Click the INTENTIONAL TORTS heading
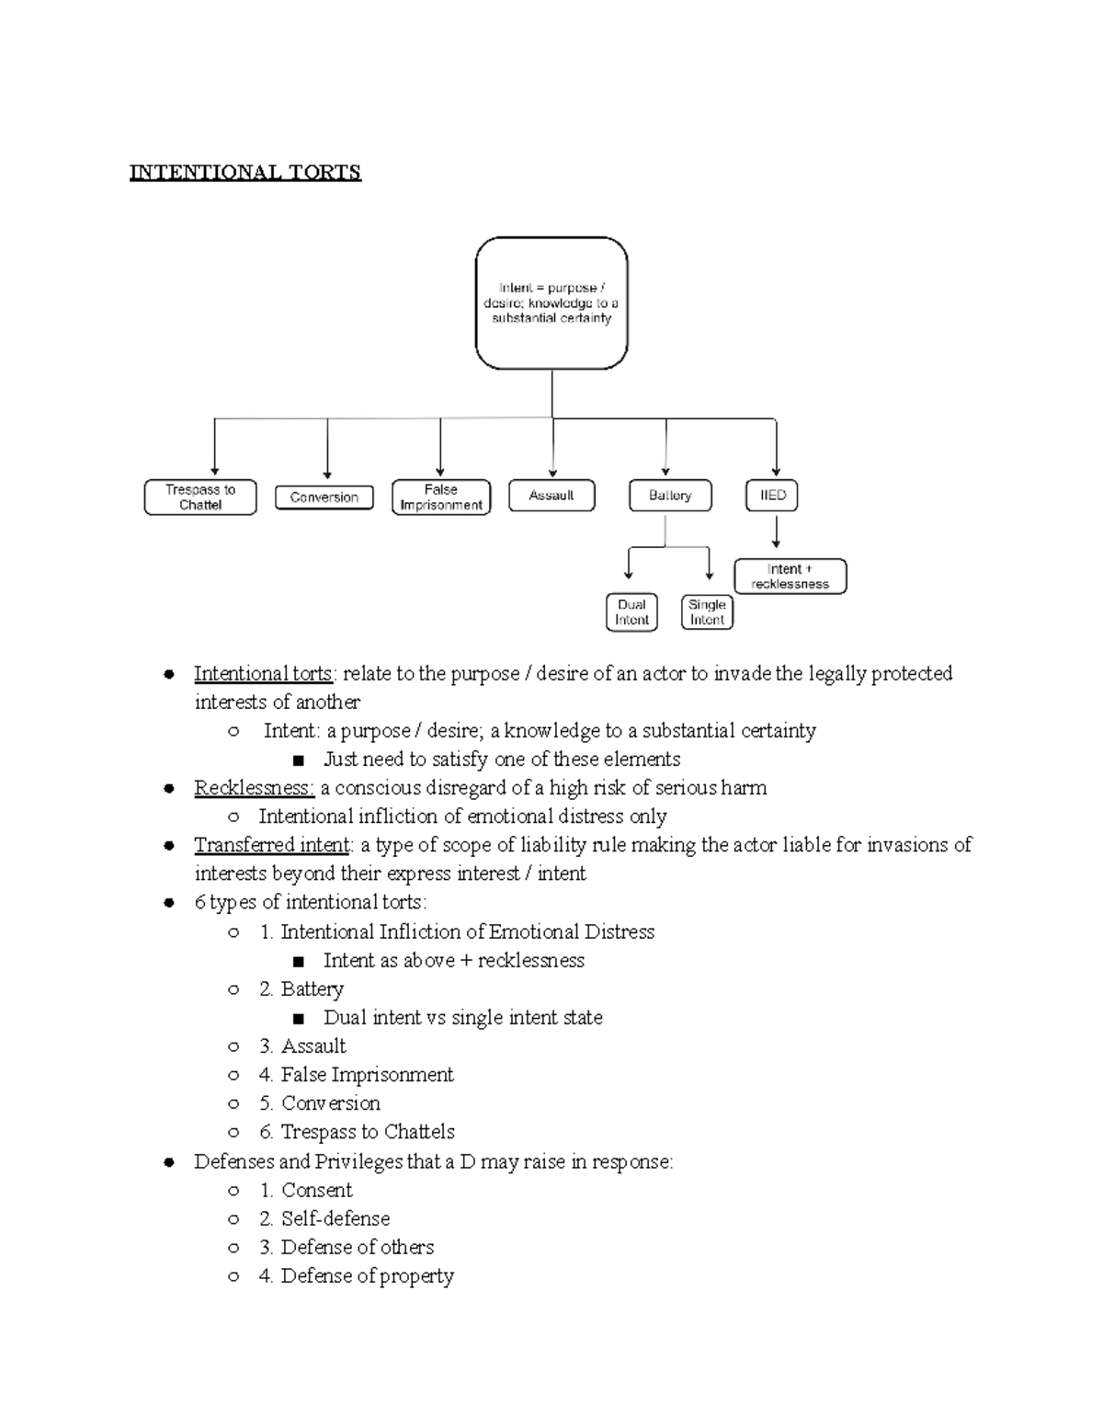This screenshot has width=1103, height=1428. click(244, 172)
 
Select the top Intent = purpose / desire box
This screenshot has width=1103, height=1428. click(551, 303)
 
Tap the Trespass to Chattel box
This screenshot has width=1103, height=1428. click(200, 497)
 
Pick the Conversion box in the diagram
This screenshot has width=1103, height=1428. click(324, 497)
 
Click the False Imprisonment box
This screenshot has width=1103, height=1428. click(441, 497)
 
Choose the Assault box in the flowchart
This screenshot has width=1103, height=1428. click(551, 496)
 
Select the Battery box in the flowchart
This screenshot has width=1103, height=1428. click(670, 496)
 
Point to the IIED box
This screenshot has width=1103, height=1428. click(772, 496)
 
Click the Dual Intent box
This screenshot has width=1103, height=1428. click(631, 612)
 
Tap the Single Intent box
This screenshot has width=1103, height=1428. click(707, 612)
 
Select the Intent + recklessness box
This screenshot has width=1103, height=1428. click(790, 577)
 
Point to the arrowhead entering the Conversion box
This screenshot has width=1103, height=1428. click(328, 474)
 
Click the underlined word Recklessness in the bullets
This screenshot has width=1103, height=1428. click(254, 788)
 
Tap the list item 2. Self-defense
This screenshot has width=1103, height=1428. click(324, 1219)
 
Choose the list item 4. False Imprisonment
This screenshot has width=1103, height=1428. click(357, 1075)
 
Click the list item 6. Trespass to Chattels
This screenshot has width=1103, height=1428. click(357, 1132)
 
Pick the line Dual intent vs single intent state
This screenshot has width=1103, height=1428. click(462, 1018)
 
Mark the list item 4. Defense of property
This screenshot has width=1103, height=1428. click(357, 1276)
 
